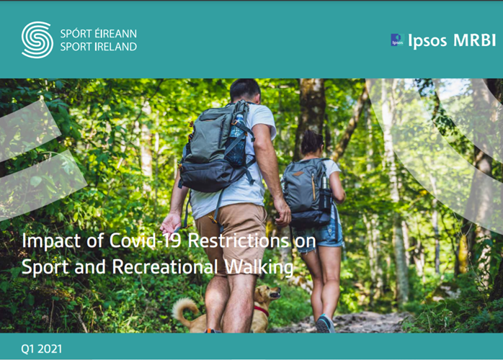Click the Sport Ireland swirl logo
click(x=37, y=40)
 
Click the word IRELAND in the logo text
click(x=116, y=47)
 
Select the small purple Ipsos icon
click(x=397, y=40)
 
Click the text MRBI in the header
click(x=474, y=40)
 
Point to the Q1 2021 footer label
click(x=41, y=348)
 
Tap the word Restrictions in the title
click(x=238, y=240)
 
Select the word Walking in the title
click(x=259, y=267)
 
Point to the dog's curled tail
click(x=184, y=310)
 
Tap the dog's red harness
click(x=262, y=310)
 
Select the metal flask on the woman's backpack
click(x=324, y=183)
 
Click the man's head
click(x=246, y=91)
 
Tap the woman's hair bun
click(x=312, y=142)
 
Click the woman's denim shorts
click(x=319, y=236)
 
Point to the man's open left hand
click(x=171, y=223)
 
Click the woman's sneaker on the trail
click(x=325, y=323)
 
